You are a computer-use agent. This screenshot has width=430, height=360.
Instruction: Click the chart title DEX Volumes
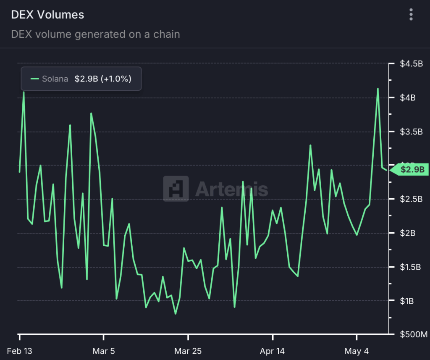click(x=47, y=15)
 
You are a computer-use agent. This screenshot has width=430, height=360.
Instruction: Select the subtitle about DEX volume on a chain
click(x=95, y=34)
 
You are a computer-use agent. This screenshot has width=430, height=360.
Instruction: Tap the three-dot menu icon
click(x=411, y=15)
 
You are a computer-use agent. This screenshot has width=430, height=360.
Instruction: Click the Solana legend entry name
click(x=55, y=79)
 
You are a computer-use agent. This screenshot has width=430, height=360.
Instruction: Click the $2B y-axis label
click(x=407, y=233)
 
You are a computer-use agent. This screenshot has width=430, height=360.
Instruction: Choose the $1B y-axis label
click(x=407, y=301)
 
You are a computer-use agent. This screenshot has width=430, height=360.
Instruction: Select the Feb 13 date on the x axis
click(x=20, y=351)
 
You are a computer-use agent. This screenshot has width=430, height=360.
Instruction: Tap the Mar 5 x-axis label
click(x=104, y=351)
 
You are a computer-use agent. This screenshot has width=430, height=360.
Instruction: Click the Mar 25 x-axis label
click(x=188, y=351)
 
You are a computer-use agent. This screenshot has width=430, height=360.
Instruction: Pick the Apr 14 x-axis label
click(x=273, y=351)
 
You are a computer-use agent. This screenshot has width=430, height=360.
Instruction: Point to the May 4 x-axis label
click(x=357, y=351)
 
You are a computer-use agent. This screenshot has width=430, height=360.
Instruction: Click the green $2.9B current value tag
click(x=412, y=170)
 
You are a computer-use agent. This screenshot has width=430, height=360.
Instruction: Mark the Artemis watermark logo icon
click(x=176, y=189)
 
